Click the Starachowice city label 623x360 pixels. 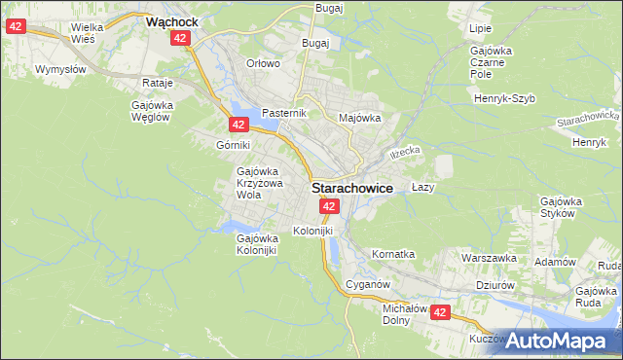click(352, 188)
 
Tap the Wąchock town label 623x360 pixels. click(173, 19)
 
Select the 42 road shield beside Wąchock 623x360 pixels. click(179, 38)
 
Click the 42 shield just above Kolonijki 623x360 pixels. click(329, 206)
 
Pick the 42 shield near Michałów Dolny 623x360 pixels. click(440, 312)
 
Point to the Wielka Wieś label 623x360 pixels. click(89, 34)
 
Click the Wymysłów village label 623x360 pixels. click(60, 69)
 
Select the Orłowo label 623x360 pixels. click(263, 63)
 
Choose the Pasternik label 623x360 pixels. click(284, 113)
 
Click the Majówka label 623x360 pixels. click(358, 118)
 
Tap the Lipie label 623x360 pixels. click(480, 30)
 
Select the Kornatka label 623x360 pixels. click(393, 254)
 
